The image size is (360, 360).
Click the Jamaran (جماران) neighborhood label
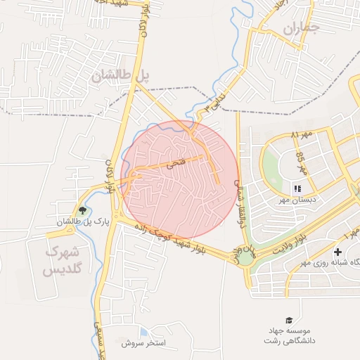click(x=302, y=29)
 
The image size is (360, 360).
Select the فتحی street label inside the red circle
click(x=174, y=165)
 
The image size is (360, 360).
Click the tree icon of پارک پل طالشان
click(x=83, y=210)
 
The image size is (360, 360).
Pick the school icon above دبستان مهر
click(x=297, y=188)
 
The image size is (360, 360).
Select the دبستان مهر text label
click(x=297, y=200)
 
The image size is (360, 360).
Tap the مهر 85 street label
click(x=302, y=163)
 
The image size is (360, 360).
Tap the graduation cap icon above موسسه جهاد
click(x=288, y=320)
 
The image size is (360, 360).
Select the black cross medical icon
click(x=338, y=252)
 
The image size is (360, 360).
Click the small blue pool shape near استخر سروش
click(x=143, y=332)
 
